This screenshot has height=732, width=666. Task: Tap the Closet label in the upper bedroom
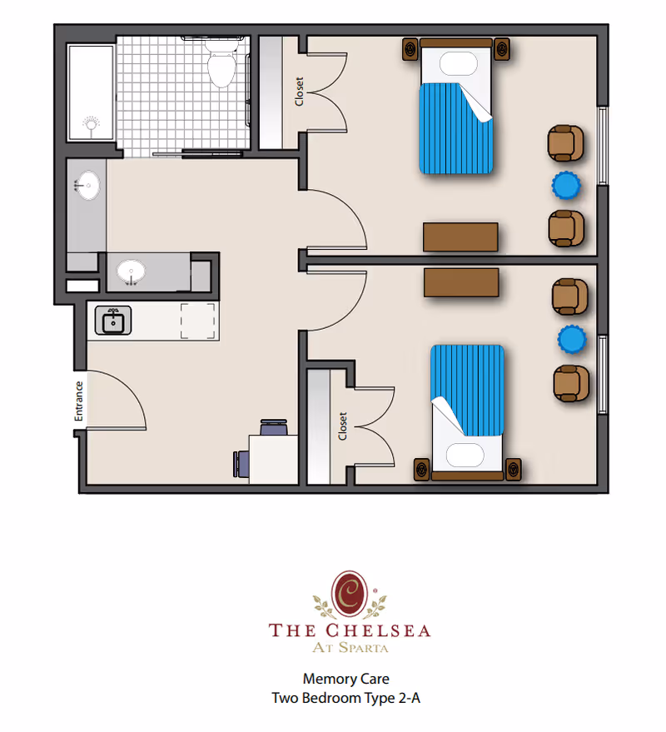point(299,92)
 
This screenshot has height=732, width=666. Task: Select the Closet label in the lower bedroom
point(342,426)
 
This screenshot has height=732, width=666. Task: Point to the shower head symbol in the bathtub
point(90,126)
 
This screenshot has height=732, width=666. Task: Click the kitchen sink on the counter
point(112,321)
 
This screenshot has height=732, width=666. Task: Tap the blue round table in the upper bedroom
point(566,185)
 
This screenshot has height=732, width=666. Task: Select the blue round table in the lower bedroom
point(572,338)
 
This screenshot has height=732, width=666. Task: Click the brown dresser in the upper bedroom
point(460,237)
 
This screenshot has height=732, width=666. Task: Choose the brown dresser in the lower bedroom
point(461,282)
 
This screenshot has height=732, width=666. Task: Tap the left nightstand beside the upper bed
point(411,50)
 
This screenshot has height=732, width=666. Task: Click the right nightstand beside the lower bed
point(514,469)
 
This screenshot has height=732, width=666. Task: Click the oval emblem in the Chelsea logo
point(350,591)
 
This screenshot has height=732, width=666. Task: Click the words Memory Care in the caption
point(345,679)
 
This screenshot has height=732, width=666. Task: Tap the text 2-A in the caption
point(409,699)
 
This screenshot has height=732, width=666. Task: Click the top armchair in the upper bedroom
point(565,142)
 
